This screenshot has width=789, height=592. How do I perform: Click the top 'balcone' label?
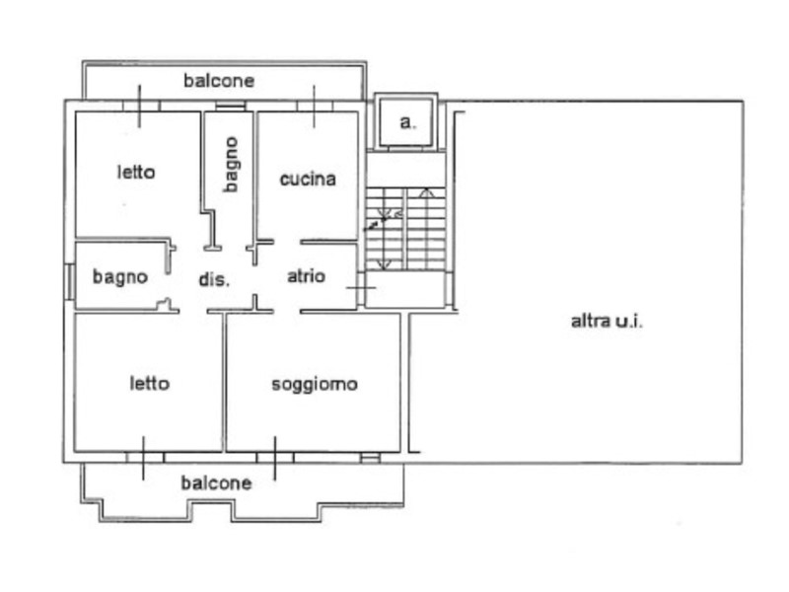tap(219, 81)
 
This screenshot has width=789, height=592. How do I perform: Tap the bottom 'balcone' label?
tap(216, 482)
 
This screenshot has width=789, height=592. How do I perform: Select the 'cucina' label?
tap(308, 179)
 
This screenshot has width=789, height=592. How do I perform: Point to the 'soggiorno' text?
tap(314, 384)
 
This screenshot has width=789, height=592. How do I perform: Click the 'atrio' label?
tap(306, 276)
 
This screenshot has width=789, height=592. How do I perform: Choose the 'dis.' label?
tap(214, 279)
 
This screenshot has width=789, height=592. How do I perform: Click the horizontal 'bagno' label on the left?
tap(119, 277)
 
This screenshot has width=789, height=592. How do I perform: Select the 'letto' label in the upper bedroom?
tap(136, 172)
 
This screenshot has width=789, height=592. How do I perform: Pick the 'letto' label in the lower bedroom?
tap(149, 383)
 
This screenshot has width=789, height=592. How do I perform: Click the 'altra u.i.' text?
tap(607, 321)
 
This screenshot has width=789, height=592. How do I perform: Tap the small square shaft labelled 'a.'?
tap(406, 122)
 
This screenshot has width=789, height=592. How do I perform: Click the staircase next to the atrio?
tap(406, 229)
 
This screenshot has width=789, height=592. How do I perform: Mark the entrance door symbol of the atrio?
tap(360, 287)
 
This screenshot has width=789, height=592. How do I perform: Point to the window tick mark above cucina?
tap(315, 106)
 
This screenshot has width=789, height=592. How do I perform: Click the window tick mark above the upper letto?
tap(139, 106)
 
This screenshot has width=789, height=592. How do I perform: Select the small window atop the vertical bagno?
tap(230, 106)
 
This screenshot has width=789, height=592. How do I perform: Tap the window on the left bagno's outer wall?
tap(70, 278)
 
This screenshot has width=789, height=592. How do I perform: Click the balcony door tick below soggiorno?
tap(275, 458)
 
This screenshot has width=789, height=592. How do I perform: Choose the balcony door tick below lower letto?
tap(144, 458)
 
